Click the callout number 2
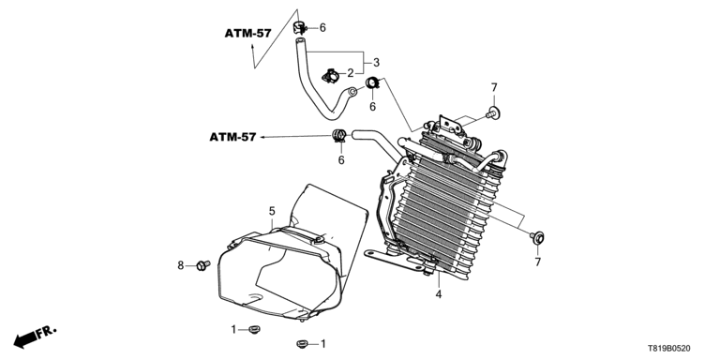click(x=351, y=73)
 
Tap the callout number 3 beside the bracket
click(x=376, y=63)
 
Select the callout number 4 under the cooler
click(x=439, y=294)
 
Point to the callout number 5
click(x=272, y=211)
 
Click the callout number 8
click(x=180, y=265)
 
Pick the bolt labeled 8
click(x=202, y=265)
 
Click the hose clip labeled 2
click(x=331, y=76)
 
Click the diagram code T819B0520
click(x=669, y=349)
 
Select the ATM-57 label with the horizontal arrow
click(x=232, y=137)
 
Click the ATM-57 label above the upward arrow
click(x=247, y=33)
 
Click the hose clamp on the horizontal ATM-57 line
click(x=339, y=135)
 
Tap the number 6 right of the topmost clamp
click(x=322, y=27)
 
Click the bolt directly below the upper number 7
click(x=494, y=112)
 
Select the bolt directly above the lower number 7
click(x=537, y=238)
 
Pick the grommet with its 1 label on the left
click(x=254, y=329)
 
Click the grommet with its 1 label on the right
click(x=302, y=343)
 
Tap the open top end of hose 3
click(x=299, y=42)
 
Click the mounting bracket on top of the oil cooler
click(x=450, y=127)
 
